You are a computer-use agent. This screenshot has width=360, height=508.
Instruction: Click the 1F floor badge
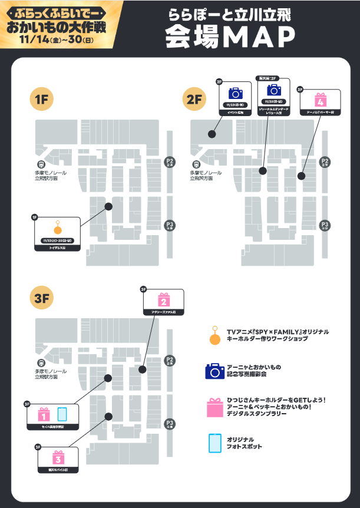tap(42, 100)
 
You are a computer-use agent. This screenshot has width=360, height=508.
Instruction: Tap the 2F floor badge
tap(195, 100)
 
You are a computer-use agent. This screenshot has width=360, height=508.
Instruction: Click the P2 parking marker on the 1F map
tap(170, 163)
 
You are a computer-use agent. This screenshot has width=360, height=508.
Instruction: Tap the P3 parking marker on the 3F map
tap(170, 424)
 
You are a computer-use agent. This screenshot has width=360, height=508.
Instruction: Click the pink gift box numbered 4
tap(321, 98)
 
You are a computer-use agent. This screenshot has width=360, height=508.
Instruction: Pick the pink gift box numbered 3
tap(57, 457)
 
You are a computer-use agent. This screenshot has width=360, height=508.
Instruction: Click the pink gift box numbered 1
tap(42, 414)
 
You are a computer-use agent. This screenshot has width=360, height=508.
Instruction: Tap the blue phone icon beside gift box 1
tap(62, 414)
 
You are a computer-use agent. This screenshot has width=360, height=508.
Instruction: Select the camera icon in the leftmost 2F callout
tap(235, 93)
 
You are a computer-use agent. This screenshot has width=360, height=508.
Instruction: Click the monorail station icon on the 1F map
tap(41, 164)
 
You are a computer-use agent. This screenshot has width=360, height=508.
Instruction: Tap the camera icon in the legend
tap(214, 371)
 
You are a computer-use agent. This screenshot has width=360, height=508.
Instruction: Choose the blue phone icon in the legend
tap(214, 443)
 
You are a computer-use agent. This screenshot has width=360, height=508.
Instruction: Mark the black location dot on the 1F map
tap(108, 206)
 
